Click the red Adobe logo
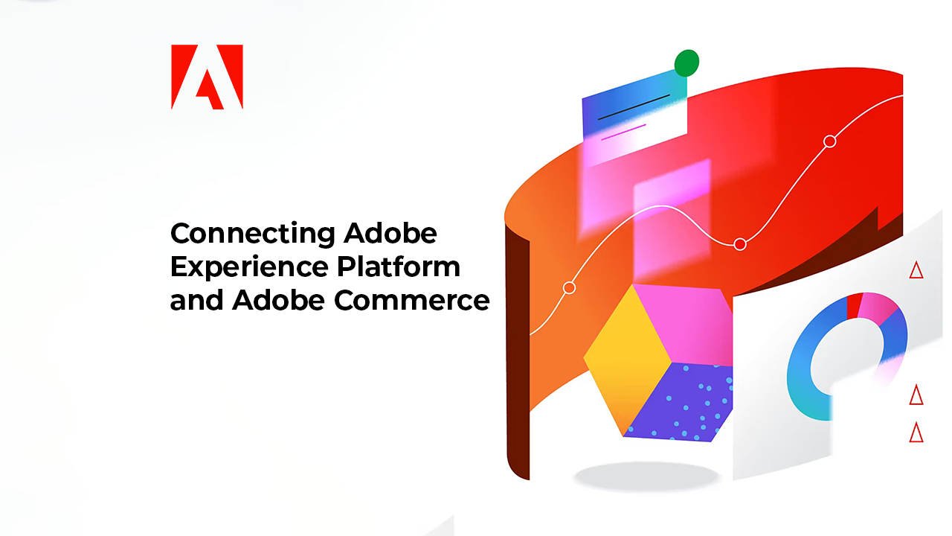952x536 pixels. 207,77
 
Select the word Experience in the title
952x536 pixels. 249,267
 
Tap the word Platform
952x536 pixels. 399,267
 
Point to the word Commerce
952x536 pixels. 412,300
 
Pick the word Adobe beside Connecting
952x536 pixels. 390,233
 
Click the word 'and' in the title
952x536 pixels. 197,300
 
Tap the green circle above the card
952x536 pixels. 686,63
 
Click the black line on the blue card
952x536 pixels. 634,106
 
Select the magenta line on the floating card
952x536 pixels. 623,132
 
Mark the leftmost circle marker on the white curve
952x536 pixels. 570,288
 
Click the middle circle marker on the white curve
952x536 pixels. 740,244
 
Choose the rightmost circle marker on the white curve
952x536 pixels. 830,141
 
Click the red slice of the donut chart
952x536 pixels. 853,305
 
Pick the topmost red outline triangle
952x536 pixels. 916,271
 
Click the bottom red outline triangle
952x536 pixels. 916,433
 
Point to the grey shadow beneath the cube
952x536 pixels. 646,476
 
